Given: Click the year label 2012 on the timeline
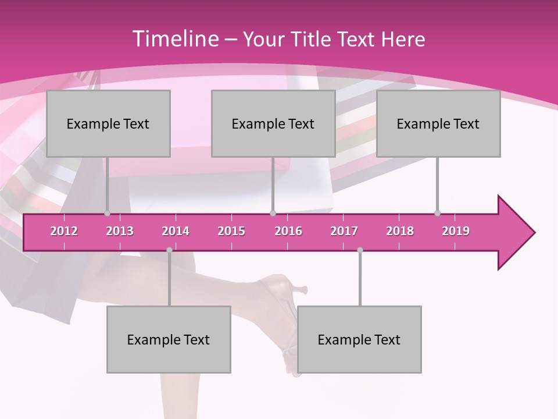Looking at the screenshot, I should [64, 231].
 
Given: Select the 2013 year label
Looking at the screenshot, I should [120, 231].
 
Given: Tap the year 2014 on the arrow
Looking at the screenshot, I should [176, 231].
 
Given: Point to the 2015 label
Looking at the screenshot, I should [231, 231].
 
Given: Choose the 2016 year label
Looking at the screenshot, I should [288, 231].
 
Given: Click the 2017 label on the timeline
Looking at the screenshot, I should [344, 231].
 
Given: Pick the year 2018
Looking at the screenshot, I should [400, 231].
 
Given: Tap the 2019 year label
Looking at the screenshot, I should [456, 231].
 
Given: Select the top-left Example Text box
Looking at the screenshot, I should [108, 123].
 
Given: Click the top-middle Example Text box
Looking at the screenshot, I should [273, 123].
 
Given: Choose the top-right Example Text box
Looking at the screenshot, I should [438, 123].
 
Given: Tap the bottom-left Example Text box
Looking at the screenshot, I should [169, 339].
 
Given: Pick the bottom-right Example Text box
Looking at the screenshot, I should [359, 339].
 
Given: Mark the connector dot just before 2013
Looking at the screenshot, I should [107, 214].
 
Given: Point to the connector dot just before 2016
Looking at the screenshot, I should [273, 214].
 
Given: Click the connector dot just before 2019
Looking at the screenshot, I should [438, 214].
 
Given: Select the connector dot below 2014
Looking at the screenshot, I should [169, 250].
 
